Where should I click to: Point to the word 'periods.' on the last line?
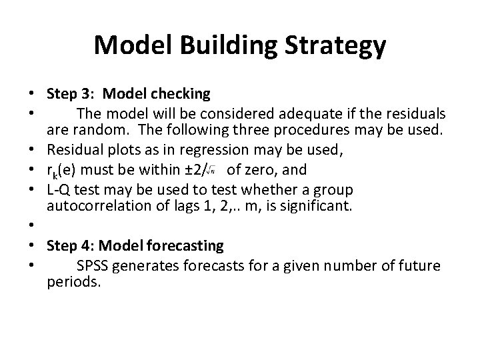point(73,282)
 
